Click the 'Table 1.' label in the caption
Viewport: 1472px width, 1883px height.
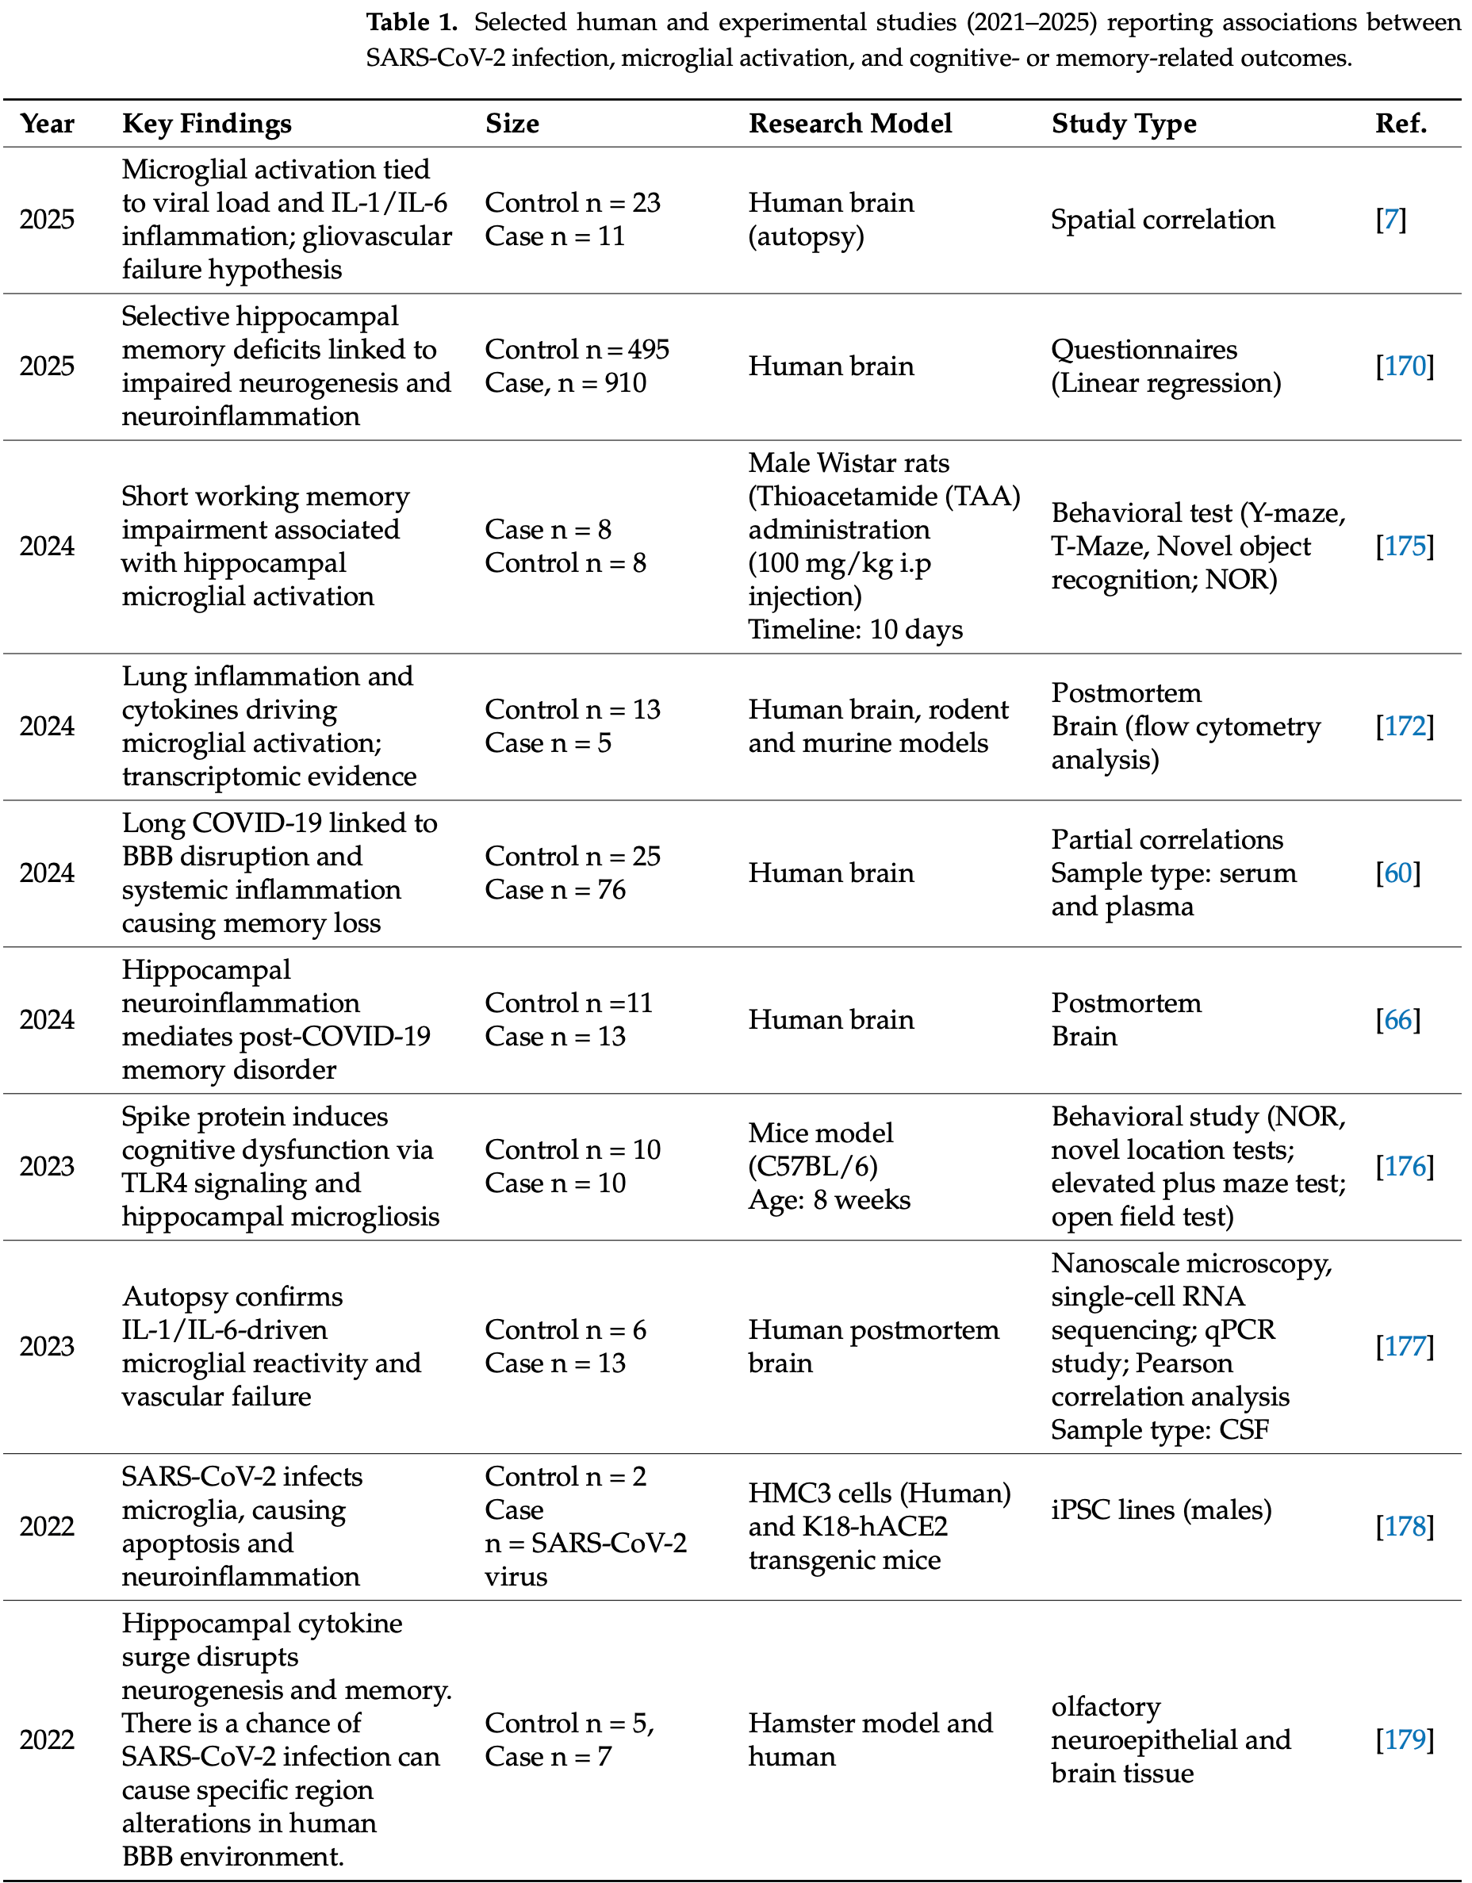point(412,22)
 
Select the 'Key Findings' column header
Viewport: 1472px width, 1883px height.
point(206,125)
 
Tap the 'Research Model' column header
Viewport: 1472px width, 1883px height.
point(849,125)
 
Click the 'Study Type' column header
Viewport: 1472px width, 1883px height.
point(1123,125)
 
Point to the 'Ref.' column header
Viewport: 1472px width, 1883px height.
point(1401,125)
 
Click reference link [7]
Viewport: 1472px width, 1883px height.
point(1390,220)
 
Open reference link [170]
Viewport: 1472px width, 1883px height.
point(1404,366)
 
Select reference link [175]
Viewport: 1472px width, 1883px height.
point(1404,546)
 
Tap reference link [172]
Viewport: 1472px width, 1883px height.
point(1404,727)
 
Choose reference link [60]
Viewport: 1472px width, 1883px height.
point(1397,873)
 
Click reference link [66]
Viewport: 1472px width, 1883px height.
point(1397,1020)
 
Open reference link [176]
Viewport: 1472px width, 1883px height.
point(1404,1167)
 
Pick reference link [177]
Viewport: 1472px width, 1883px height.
point(1404,1347)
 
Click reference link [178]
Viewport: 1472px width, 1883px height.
point(1404,1527)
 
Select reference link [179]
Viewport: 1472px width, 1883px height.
point(1404,1740)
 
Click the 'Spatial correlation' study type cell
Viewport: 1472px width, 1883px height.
point(1162,220)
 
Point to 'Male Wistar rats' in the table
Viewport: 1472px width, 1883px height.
point(848,463)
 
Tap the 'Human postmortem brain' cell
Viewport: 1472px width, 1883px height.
point(872,1347)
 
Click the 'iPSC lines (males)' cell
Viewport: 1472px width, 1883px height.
point(1160,1510)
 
